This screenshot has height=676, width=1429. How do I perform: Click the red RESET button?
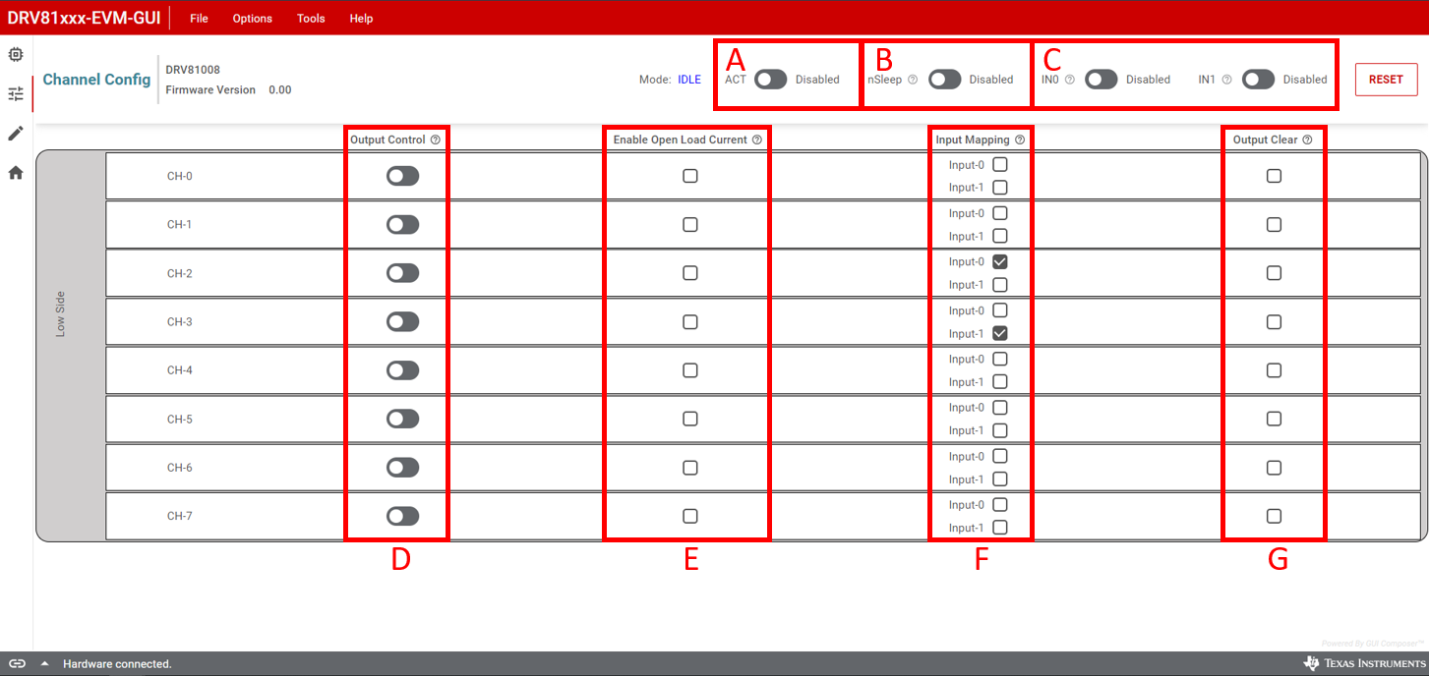click(1386, 80)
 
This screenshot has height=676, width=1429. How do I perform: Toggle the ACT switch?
click(770, 80)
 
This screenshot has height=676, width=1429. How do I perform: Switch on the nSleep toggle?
click(944, 80)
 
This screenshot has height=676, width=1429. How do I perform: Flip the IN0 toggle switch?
click(1101, 80)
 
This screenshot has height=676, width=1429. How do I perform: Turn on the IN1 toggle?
click(1258, 80)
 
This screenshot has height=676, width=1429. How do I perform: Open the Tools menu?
click(311, 19)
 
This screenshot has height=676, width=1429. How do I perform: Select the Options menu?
click(252, 19)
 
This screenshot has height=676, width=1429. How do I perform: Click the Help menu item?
click(361, 19)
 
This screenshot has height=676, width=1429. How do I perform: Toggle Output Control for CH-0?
click(402, 176)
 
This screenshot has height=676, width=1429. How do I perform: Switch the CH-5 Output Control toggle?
click(402, 419)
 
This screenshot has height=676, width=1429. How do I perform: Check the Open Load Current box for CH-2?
click(690, 273)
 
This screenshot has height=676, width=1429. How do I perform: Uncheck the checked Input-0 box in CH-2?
click(1000, 262)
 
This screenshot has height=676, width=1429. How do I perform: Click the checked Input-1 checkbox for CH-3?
click(1000, 334)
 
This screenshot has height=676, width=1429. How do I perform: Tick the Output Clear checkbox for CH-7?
click(1274, 516)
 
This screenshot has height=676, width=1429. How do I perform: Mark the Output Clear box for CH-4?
click(1274, 370)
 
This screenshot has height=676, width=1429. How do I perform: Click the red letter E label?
click(691, 559)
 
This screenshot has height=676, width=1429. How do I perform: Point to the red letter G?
click(1278, 559)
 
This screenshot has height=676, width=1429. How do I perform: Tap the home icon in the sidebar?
click(16, 173)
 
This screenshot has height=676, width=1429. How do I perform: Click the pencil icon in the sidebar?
click(16, 134)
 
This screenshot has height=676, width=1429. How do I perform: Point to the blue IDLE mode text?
click(689, 80)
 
